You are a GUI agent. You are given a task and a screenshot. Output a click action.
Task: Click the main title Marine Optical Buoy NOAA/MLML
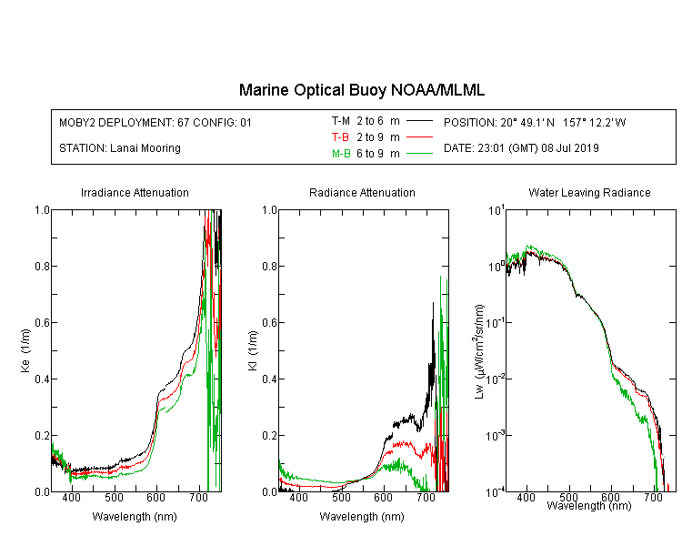click(x=361, y=90)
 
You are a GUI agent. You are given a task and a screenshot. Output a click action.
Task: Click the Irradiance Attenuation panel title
click(x=135, y=192)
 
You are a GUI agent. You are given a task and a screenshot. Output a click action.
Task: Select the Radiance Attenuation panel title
click(x=362, y=192)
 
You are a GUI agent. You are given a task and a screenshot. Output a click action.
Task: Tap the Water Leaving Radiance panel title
click(x=589, y=192)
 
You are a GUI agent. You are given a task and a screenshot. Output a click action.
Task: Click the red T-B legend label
click(x=340, y=137)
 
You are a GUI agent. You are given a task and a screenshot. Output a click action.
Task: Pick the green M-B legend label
click(x=341, y=153)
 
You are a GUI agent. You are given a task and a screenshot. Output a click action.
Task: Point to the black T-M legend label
click(x=341, y=121)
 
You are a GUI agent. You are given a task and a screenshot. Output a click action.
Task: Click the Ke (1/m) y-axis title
click(x=25, y=350)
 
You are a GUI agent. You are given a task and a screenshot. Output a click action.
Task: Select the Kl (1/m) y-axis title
click(x=252, y=350)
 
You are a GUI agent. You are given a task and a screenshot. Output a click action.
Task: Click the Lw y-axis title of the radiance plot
click(x=479, y=351)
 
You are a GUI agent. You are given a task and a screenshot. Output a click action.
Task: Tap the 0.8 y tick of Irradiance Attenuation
click(x=42, y=266)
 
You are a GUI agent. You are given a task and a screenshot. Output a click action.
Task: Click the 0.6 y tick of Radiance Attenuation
click(x=269, y=323)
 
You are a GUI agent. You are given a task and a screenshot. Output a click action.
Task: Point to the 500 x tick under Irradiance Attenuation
click(x=114, y=497)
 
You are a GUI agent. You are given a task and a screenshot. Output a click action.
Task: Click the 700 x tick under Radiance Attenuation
click(x=426, y=497)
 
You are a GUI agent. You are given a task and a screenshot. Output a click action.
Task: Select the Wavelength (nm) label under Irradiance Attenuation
click(x=135, y=517)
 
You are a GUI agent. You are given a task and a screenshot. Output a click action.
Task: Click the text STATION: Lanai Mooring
click(x=120, y=148)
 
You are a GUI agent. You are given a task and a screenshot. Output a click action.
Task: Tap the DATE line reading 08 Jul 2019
click(x=521, y=148)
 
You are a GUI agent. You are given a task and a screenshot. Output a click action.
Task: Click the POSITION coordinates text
click(x=535, y=122)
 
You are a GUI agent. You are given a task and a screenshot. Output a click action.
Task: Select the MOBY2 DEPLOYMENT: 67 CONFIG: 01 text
click(x=155, y=122)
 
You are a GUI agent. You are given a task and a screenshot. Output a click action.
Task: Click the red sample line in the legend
click(x=419, y=137)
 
